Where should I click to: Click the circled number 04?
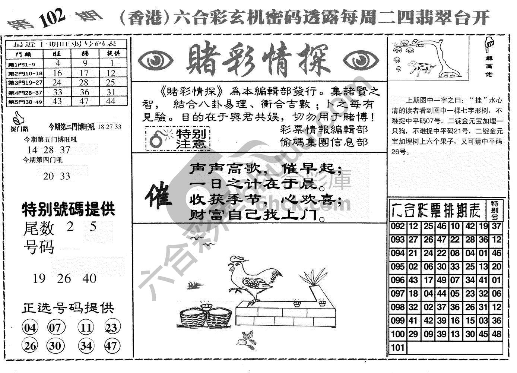(30, 328)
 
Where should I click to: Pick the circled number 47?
(111, 345)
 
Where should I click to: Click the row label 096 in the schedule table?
(398, 280)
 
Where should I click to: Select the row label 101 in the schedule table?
(398, 348)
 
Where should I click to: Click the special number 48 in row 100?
(496, 334)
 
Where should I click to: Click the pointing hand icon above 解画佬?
(489, 44)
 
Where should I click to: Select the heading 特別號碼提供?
(69, 209)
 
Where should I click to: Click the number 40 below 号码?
(90, 278)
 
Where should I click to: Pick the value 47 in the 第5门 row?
(85, 101)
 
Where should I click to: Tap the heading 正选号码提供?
(68, 308)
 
